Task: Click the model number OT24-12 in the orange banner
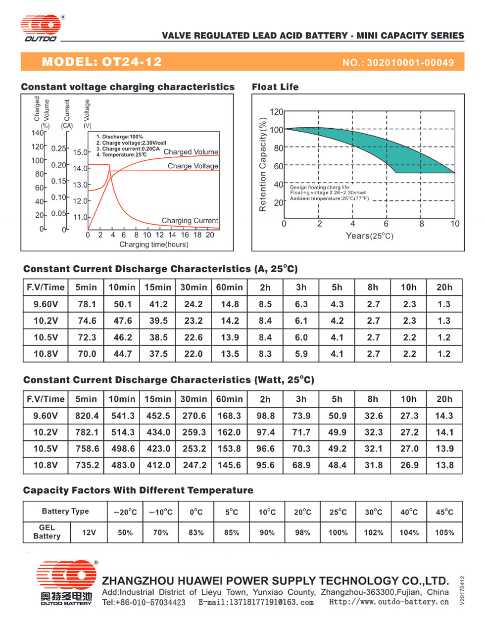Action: click(132, 62)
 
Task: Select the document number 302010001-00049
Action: click(410, 63)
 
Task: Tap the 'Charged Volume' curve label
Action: click(191, 152)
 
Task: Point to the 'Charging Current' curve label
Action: click(190, 220)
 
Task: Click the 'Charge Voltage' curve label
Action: click(193, 166)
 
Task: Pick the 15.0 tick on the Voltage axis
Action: click(80, 152)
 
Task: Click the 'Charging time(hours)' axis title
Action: click(154, 244)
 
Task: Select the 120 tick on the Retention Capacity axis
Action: click(277, 112)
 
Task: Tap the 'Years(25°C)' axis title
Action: click(369, 236)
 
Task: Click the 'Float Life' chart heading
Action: click(275, 87)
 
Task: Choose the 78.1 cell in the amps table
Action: click(87, 304)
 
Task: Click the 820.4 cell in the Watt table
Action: click(87, 416)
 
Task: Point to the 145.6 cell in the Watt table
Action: click(229, 465)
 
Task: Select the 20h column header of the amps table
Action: click(444, 287)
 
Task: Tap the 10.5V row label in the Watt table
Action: click(46, 448)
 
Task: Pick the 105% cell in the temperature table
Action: click(444, 533)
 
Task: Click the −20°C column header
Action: click(125, 512)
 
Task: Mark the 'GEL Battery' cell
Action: click(47, 532)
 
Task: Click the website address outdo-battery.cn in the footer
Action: click(389, 602)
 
